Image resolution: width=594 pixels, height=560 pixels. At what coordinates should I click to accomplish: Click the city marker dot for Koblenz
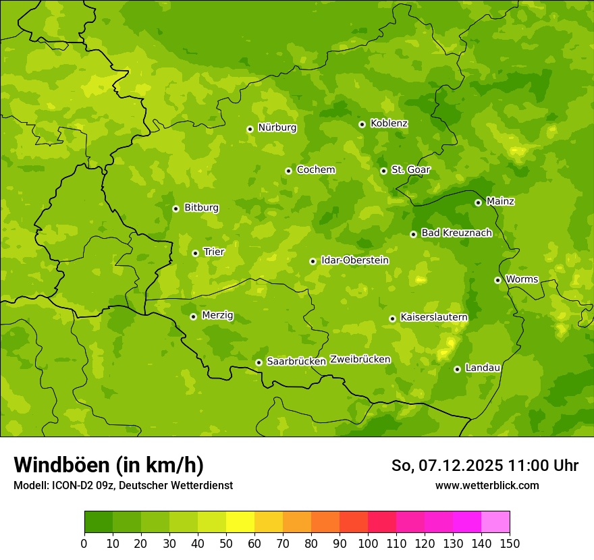pos(362,124)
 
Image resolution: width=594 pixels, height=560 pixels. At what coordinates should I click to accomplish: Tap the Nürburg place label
pos(277,128)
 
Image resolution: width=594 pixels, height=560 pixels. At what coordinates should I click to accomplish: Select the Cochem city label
pos(316,169)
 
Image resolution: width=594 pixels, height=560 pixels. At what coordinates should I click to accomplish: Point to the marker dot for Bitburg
pos(175,208)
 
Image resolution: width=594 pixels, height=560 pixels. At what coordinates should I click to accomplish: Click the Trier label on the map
pos(214,252)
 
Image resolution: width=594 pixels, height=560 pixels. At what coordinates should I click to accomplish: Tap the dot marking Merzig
pos(193,316)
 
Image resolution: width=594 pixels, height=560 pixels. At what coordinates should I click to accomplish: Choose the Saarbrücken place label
pos(296,361)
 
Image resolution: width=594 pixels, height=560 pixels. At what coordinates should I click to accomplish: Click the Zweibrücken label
pos(360,359)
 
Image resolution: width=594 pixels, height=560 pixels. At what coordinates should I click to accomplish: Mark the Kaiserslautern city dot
pos(392,318)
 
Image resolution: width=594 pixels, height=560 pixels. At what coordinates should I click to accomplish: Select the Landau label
pos(483,368)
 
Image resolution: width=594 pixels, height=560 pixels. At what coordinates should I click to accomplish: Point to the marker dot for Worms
pos(497,280)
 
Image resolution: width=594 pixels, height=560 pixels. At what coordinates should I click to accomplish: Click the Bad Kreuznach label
pos(456,233)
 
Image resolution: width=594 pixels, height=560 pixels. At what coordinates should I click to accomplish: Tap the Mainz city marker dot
pos(478,202)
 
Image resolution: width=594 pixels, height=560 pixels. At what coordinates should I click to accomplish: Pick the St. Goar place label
pos(410,169)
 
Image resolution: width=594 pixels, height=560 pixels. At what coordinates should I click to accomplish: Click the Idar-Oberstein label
pos(355,260)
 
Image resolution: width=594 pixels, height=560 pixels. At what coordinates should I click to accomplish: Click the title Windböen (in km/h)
pos(109,465)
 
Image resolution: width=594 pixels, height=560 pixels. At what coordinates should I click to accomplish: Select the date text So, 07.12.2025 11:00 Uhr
pos(485,466)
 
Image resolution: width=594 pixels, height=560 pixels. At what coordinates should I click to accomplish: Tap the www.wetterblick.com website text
pos(487,485)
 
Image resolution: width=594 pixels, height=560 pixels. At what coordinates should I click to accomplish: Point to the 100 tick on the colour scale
pos(368,543)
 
